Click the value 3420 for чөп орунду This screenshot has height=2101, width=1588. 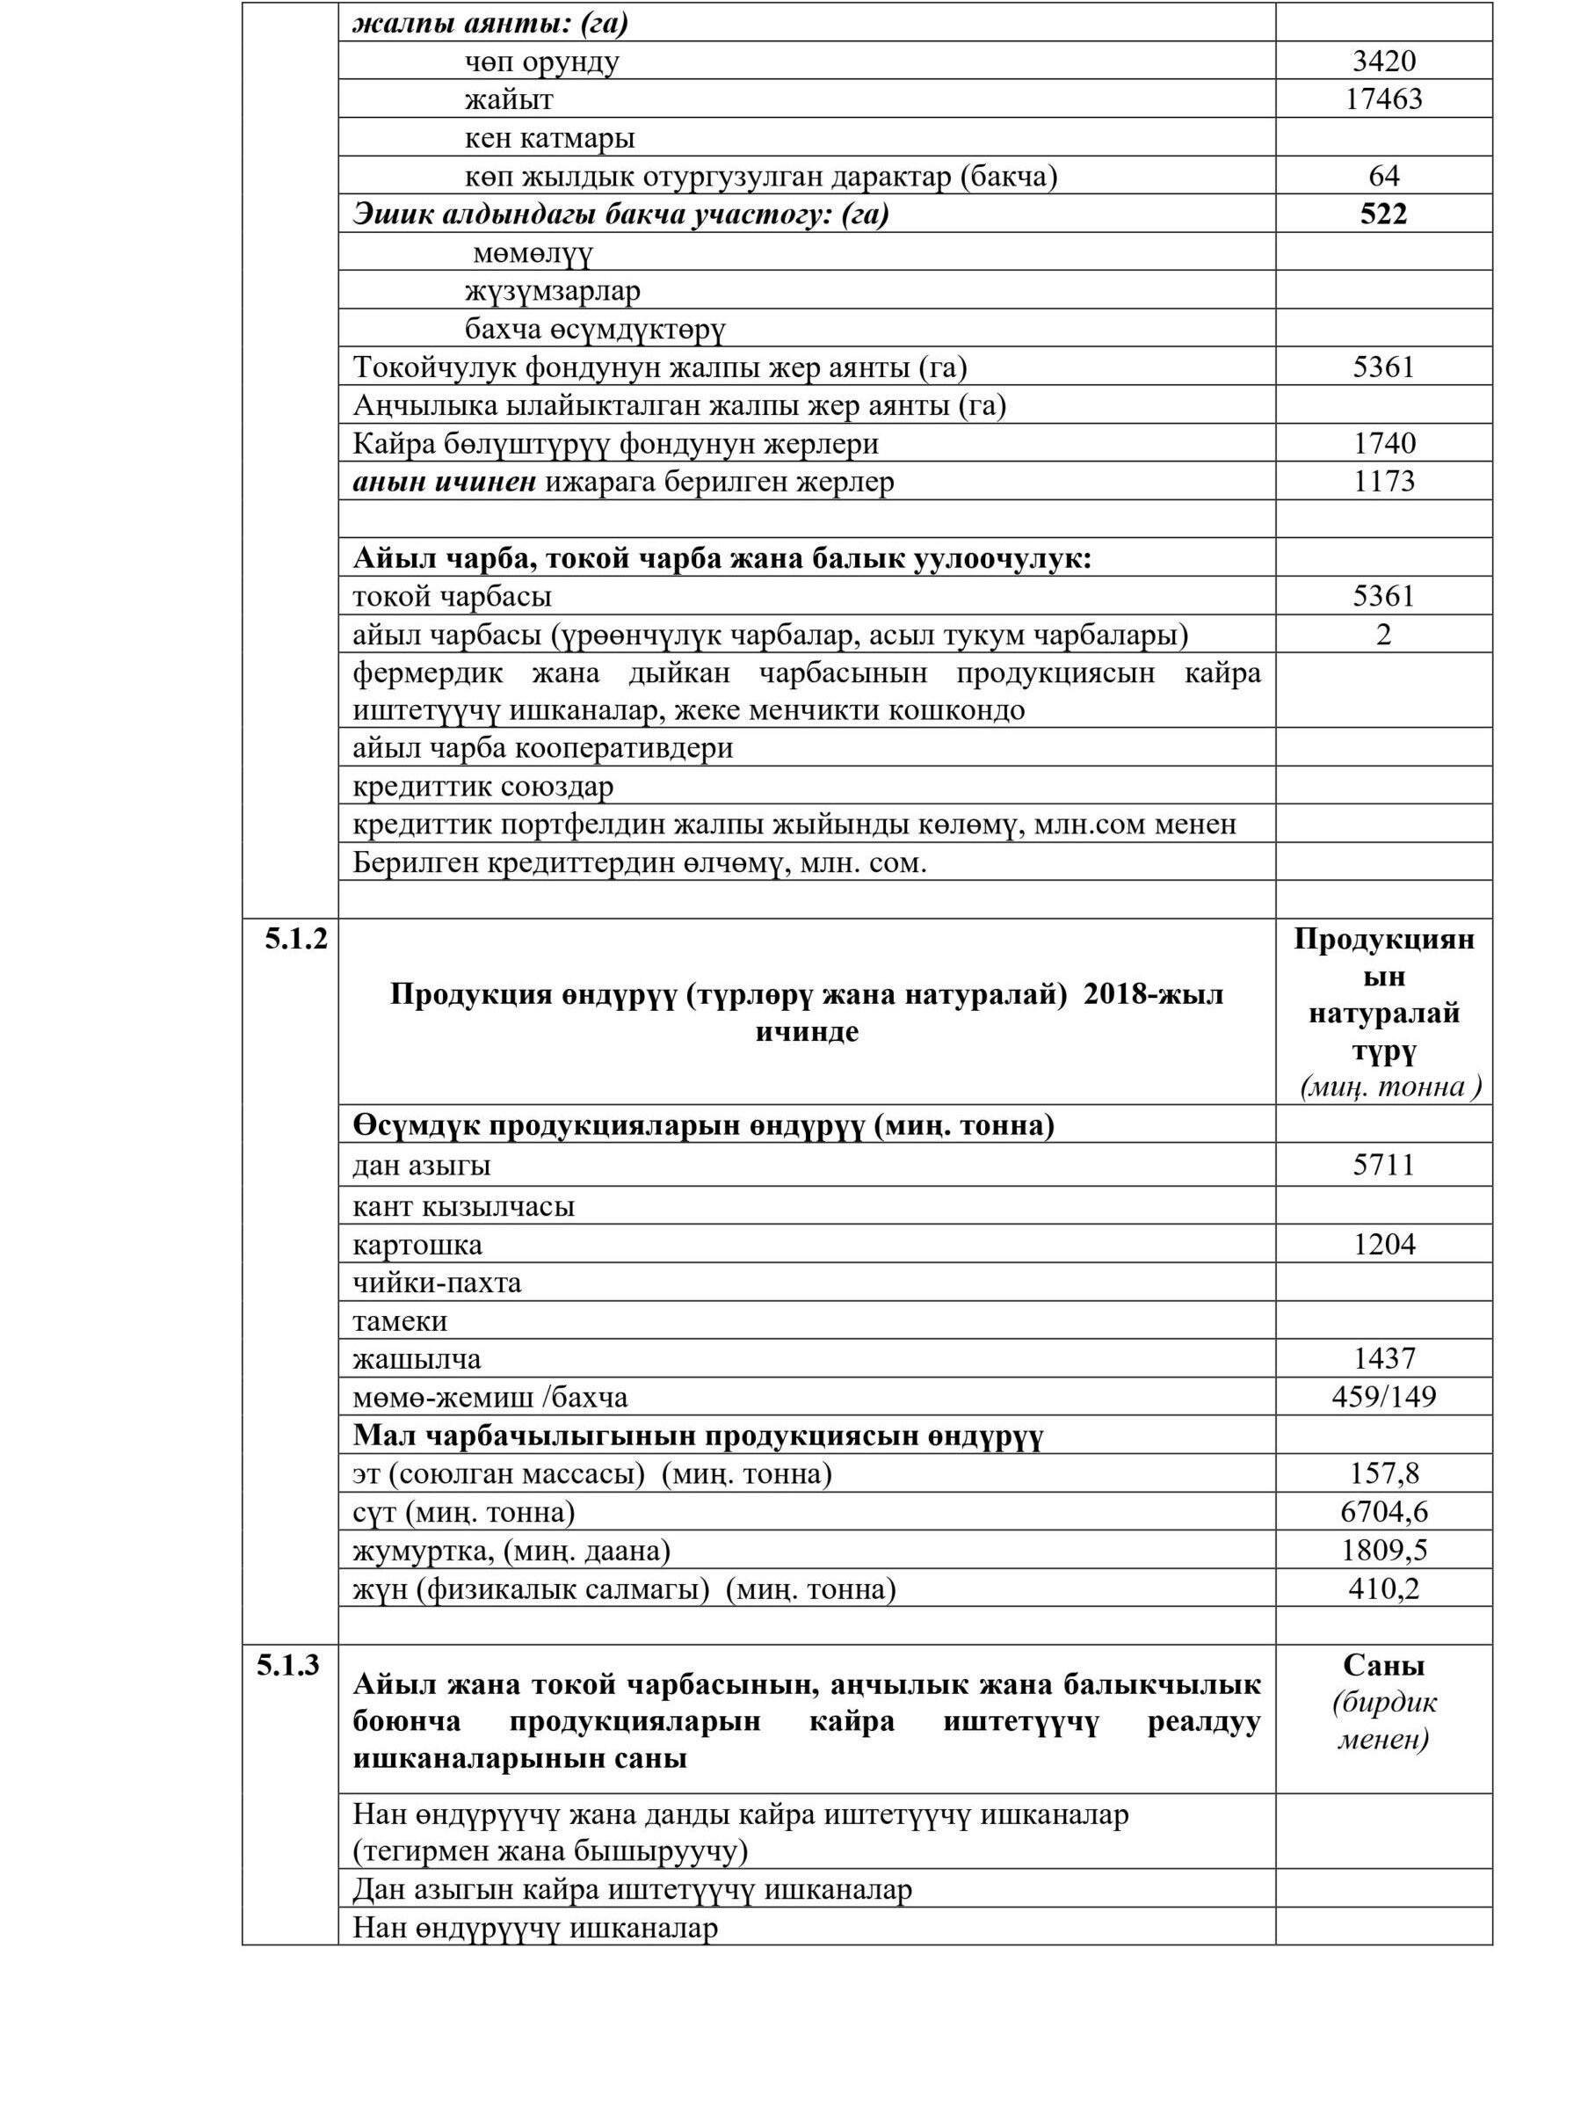(1383, 62)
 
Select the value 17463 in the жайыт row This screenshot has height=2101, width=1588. (1383, 99)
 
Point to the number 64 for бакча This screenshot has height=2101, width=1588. (1383, 176)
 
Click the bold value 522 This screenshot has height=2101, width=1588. (1383, 214)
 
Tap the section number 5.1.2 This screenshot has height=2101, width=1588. (295, 940)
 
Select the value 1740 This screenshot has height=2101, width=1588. (1383, 444)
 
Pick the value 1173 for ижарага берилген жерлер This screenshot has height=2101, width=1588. (1383, 482)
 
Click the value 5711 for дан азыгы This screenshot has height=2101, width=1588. (1383, 1165)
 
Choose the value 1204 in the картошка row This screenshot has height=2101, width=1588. (1383, 1244)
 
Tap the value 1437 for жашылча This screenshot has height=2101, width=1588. (1383, 1358)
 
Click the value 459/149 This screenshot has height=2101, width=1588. (1383, 1396)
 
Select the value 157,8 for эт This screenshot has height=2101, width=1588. (1383, 1473)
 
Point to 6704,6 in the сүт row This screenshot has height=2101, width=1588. (1383, 1511)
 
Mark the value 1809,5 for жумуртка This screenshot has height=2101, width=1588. (1383, 1550)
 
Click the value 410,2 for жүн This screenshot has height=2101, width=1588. (1383, 1588)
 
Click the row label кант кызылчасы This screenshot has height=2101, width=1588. (463, 1206)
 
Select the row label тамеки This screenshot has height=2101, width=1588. (400, 1321)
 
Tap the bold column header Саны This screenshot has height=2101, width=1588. (1383, 1665)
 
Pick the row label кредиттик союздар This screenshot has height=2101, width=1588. (482, 787)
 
